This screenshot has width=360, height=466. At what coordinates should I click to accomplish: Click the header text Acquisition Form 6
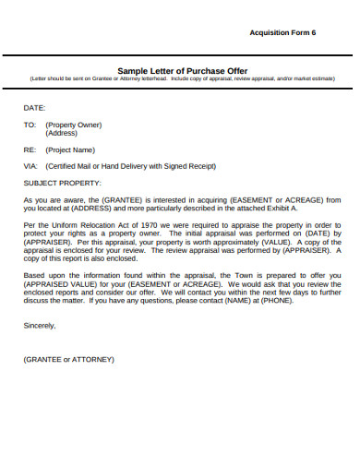pyautogui.click(x=282, y=31)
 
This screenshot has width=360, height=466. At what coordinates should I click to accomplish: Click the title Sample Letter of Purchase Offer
pyautogui.click(x=180, y=70)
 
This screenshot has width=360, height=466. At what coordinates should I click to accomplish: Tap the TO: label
pyautogui.click(x=30, y=125)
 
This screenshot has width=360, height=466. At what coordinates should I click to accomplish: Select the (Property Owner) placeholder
pyautogui.click(x=73, y=125)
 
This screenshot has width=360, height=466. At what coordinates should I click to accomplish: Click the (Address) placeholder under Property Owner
pyautogui.click(x=61, y=133)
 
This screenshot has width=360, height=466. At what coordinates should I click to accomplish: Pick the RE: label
pyautogui.click(x=30, y=149)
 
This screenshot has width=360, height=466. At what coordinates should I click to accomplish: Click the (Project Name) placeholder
pyautogui.click(x=71, y=149)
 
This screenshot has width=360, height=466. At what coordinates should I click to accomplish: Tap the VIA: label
pyautogui.click(x=30, y=166)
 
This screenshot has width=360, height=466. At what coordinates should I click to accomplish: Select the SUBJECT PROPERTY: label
pyautogui.click(x=63, y=183)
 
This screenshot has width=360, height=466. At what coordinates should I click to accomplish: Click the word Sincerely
pyautogui.click(x=40, y=325)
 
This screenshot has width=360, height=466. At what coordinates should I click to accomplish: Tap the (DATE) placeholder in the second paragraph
pyautogui.click(x=313, y=233)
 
